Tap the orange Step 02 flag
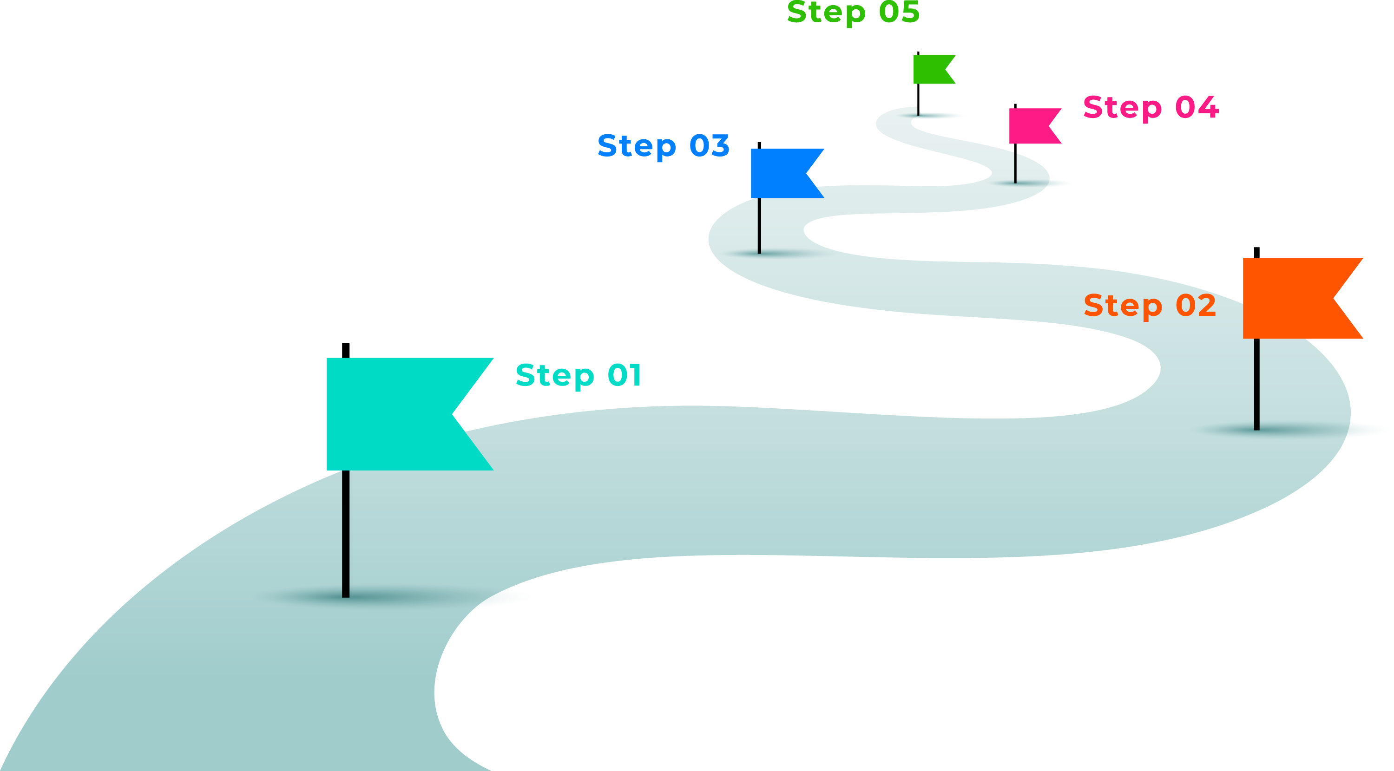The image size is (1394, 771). tap(1293, 298)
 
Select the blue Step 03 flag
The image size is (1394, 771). tap(779, 173)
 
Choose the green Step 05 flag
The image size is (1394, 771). tap(930, 70)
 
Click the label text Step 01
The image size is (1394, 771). tap(579, 375)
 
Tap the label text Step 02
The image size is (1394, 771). tap(1150, 306)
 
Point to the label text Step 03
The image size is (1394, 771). tap(664, 146)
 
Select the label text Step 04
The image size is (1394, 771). tap(1151, 107)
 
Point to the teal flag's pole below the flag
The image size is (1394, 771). tap(346, 533)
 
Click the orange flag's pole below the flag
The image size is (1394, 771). tap(1256, 384)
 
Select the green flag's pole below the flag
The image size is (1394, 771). tap(918, 99)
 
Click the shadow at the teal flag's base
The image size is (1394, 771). tap(379, 597)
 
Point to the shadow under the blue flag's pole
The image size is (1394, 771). tap(774, 253)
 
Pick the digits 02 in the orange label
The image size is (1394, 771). tap(1196, 306)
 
